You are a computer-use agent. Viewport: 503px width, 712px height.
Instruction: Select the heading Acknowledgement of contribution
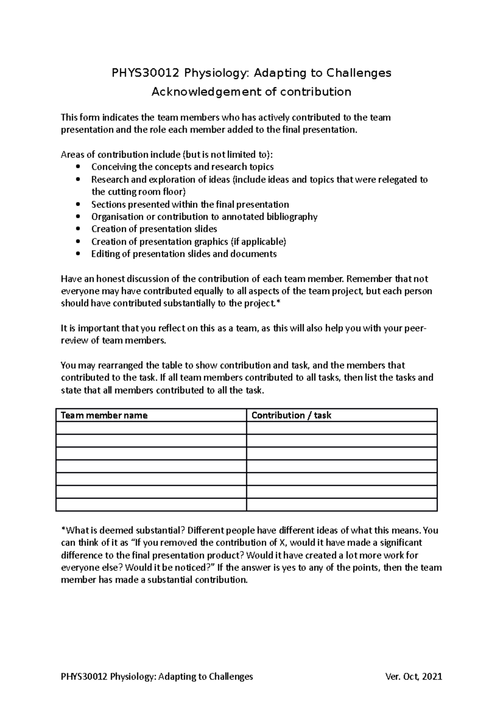[x=251, y=92]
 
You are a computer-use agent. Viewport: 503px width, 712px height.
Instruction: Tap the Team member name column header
[x=104, y=416]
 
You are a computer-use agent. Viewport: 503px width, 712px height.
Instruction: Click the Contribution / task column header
[x=291, y=416]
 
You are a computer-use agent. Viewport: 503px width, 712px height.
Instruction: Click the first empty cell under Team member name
[x=151, y=428]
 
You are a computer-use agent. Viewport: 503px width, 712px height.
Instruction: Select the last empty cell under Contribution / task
[x=342, y=504]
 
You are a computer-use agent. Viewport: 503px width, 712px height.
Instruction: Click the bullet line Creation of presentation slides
[x=154, y=229]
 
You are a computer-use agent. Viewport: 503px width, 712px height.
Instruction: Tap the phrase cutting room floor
[x=145, y=192]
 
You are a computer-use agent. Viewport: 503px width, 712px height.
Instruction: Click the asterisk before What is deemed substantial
[x=63, y=530]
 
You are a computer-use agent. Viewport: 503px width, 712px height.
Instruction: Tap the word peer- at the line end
[x=415, y=328]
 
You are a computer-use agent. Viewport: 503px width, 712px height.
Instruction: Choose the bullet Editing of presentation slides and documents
[x=184, y=254]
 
